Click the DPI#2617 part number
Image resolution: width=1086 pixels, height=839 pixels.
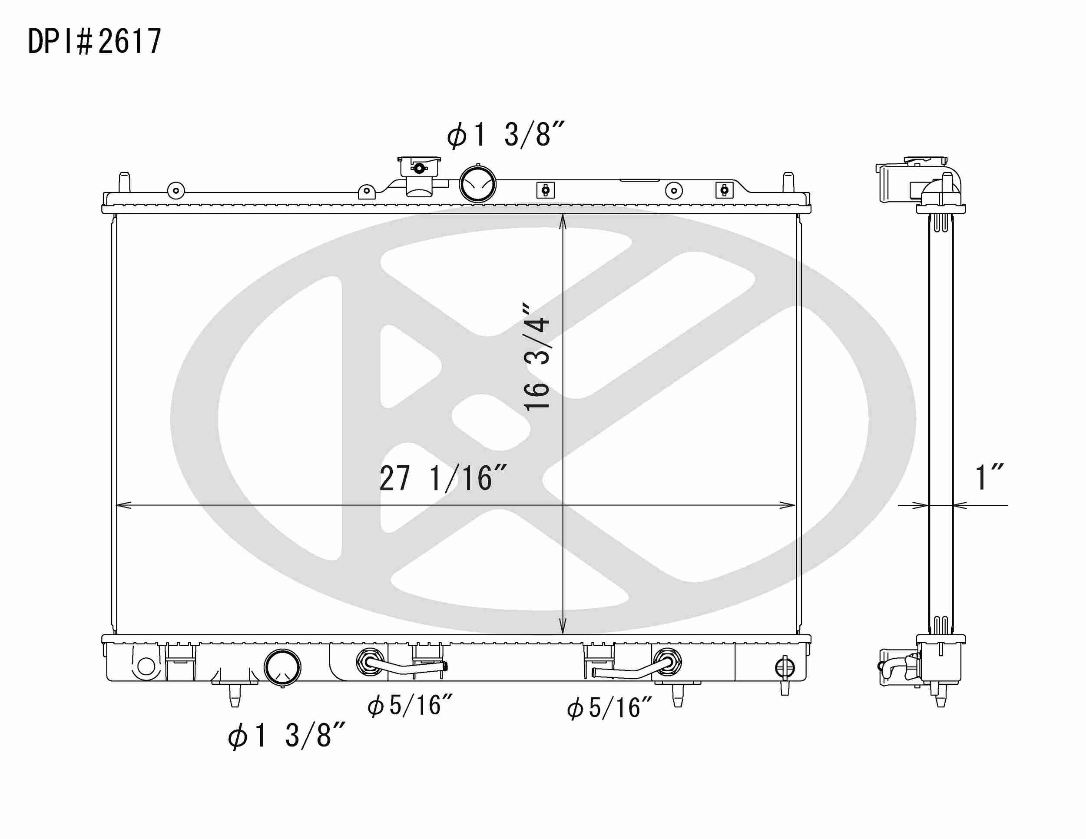[x=94, y=41]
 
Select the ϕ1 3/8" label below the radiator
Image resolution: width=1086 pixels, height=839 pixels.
[x=286, y=736]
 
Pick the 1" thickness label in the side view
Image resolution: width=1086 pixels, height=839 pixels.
[x=989, y=478]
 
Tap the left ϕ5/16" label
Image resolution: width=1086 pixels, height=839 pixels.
[x=410, y=706]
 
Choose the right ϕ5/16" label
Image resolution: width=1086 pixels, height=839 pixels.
[x=609, y=708]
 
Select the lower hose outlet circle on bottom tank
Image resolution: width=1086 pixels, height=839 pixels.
[x=282, y=667]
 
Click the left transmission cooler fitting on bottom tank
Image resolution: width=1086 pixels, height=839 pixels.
[x=370, y=662]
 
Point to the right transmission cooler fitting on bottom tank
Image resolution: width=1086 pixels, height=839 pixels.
[x=668, y=662]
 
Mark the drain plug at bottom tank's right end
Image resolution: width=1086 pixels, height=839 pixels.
[x=785, y=668]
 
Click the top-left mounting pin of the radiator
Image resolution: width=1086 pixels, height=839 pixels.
[x=124, y=182]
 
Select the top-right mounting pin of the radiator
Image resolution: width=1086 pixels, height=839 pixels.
[x=788, y=182]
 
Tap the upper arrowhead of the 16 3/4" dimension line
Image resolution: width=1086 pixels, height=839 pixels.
[x=563, y=221]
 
